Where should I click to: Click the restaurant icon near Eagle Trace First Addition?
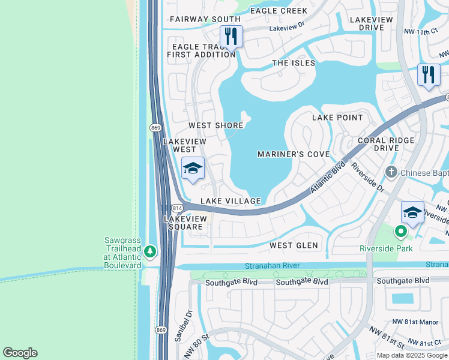pos(231,36)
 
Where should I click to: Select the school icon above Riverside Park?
pos(412,212)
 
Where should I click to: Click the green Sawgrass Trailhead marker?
pos(150,251)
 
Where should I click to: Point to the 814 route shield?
pos(176,208)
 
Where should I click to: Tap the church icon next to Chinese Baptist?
pos(391,173)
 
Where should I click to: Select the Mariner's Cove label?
pos(294,154)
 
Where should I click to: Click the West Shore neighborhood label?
pos(216,125)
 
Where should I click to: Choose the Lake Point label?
pos(337,118)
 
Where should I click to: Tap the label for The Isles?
pos(294,63)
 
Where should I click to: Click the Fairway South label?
pos(205,19)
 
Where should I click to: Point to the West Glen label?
pos(294,245)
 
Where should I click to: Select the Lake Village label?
pos(231,201)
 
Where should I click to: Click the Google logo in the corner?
pos(20,353)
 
